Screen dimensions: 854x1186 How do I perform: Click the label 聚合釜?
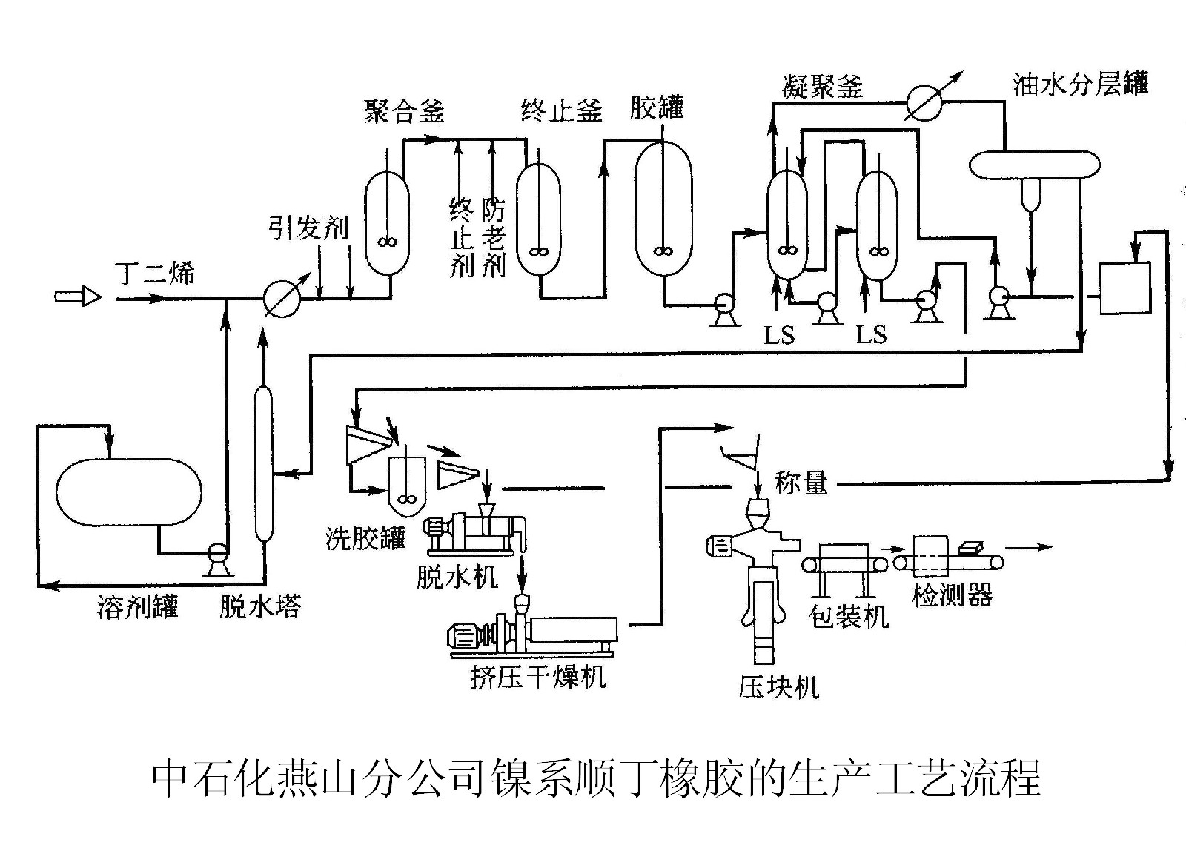pyautogui.click(x=404, y=111)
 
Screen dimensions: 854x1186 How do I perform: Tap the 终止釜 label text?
pyautogui.click(x=561, y=111)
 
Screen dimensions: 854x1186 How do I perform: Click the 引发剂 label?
pyautogui.click(x=308, y=228)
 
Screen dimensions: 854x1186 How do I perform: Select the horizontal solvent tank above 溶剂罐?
pyautogui.click(x=129, y=492)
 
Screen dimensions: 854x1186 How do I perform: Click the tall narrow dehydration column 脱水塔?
pyautogui.click(x=263, y=464)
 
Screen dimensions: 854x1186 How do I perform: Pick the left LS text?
pyautogui.click(x=780, y=336)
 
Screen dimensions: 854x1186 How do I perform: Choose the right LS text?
pyautogui.click(x=871, y=335)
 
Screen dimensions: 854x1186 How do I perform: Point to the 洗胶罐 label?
pyautogui.click(x=365, y=537)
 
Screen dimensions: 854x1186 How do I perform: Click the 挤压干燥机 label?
pyautogui.click(x=537, y=676)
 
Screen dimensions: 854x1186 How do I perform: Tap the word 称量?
pyautogui.click(x=801, y=483)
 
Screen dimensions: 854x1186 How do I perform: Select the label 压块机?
pyautogui.click(x=778, y=687)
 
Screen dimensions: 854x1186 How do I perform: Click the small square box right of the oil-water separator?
pyautogui.click(x=1124, y=288)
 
